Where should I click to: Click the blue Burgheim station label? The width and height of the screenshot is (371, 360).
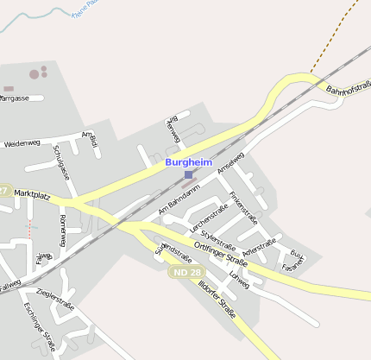(x=189, y=161)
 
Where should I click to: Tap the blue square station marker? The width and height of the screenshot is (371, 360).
(x=189, y=176)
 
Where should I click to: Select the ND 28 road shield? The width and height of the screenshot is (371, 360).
(x=183, y=271)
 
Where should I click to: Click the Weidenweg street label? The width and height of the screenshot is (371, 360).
(x=22, y=143)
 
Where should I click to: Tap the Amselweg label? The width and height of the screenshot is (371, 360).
(x=231, y=162)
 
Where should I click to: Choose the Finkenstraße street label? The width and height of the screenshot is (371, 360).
(x=243, y=206)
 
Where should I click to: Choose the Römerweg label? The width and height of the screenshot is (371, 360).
(x=63, y=231)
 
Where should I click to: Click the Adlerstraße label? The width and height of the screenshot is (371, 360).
(x=260, y=248)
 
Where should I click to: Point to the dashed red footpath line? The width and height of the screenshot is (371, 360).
(x=28, y=229)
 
